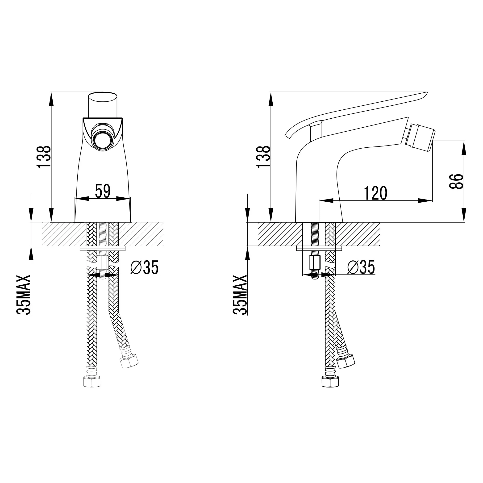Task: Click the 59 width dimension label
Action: [103, 191]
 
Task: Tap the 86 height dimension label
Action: [457, 182]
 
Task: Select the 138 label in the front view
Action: [44, 157]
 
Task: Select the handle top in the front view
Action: [103, 97]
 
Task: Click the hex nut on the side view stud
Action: [315, 262]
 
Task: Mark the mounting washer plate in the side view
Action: [319, 248]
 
